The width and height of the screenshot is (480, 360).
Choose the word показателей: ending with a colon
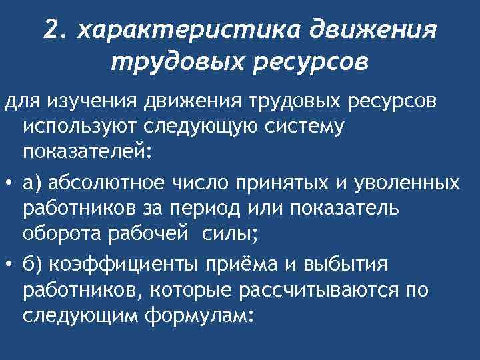88,151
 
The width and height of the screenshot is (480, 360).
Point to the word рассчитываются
313,289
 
